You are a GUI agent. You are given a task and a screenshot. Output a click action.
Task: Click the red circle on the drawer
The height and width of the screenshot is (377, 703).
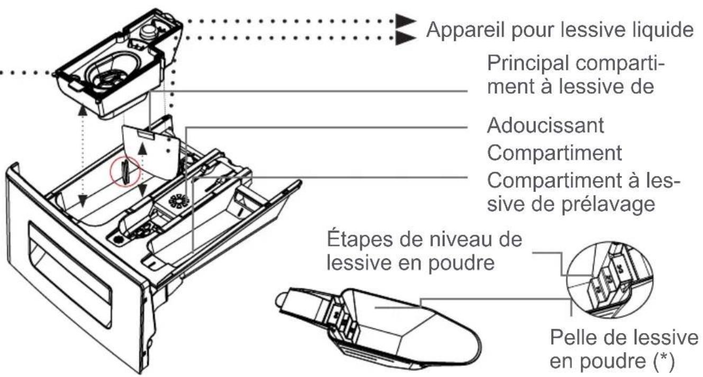[124, 172]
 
